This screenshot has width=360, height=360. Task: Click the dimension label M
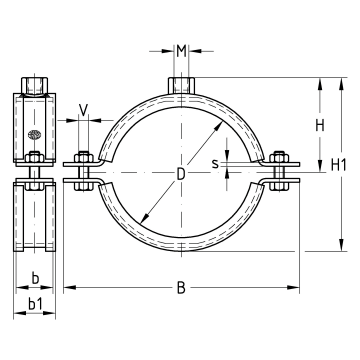(181, 51)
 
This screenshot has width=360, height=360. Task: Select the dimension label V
(83, 110)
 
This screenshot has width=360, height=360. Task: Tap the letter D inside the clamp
(181, 174)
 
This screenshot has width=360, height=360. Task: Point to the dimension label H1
(339, 165)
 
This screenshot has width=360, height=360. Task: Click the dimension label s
(216, 164)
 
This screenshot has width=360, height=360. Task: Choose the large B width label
(181, 288)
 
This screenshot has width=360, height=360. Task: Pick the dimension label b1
(35, 304)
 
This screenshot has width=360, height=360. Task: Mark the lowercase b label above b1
(35, 278)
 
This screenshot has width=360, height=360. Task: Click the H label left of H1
(320, 126)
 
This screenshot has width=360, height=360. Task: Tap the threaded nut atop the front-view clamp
(181, 86)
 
